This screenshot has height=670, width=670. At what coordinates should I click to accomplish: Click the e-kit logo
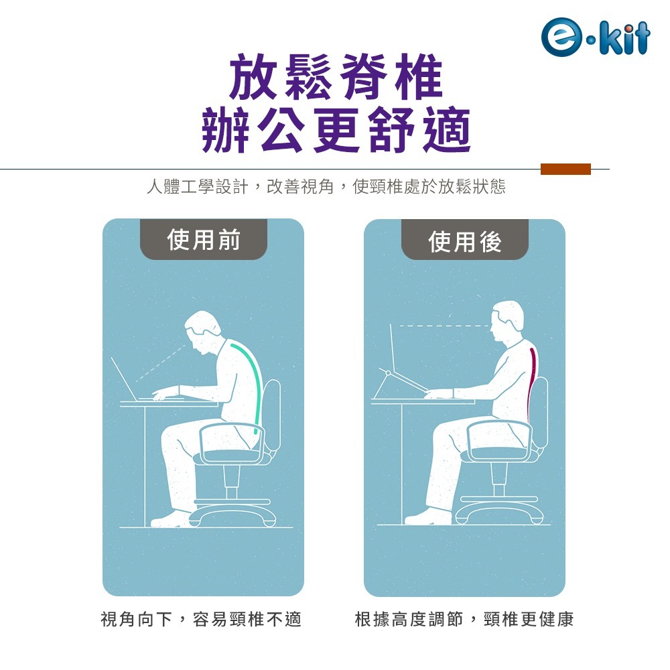coord(595,37)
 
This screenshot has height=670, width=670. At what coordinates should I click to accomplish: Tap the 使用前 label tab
coord(204,239)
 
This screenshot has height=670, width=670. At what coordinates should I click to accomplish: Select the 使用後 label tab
coord(465,240)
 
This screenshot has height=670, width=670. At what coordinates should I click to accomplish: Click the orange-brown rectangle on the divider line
coord(565,170)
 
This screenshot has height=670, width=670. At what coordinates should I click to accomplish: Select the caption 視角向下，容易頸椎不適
coord(201,619)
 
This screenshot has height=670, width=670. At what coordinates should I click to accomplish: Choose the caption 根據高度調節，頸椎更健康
coord(464,619)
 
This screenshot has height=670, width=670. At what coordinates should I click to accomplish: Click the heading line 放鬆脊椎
coord(336,77)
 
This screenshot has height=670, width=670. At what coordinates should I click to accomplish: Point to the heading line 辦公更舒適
coord(336,130)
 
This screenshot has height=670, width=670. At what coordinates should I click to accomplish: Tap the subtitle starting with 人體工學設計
coord(326,187)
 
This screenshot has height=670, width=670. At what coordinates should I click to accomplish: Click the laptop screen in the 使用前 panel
coord(125,379)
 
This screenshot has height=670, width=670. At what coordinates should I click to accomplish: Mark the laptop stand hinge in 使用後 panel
coord(388,373)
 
